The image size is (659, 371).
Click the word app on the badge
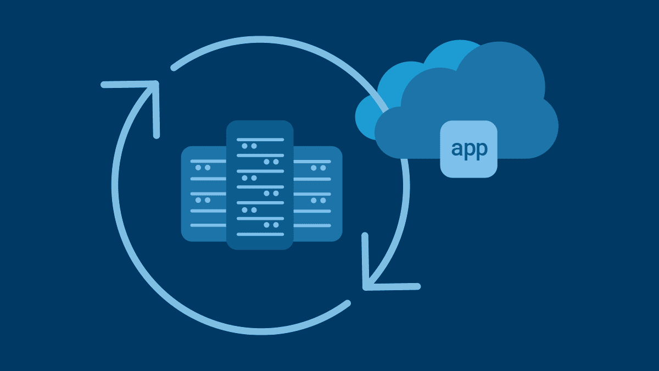click(469, 149)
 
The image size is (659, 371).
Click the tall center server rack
click(260, 185)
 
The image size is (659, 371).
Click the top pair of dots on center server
click(249, 146)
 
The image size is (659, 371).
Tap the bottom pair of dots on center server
click(270, 225)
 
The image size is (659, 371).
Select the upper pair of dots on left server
click(203, 168)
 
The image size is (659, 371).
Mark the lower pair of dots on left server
click(203, 200)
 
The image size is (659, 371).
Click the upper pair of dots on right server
click(318, 168)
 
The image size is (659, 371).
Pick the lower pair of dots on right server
click(318, 200)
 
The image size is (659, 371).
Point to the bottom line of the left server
click(208, 225)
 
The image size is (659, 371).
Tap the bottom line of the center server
click(260, 234)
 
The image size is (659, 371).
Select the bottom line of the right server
click(312, 225)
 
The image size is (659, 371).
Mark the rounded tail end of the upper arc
click(174, 68)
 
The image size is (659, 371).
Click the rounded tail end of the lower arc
click(347, 303)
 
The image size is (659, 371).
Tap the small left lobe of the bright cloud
click(365, 118)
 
